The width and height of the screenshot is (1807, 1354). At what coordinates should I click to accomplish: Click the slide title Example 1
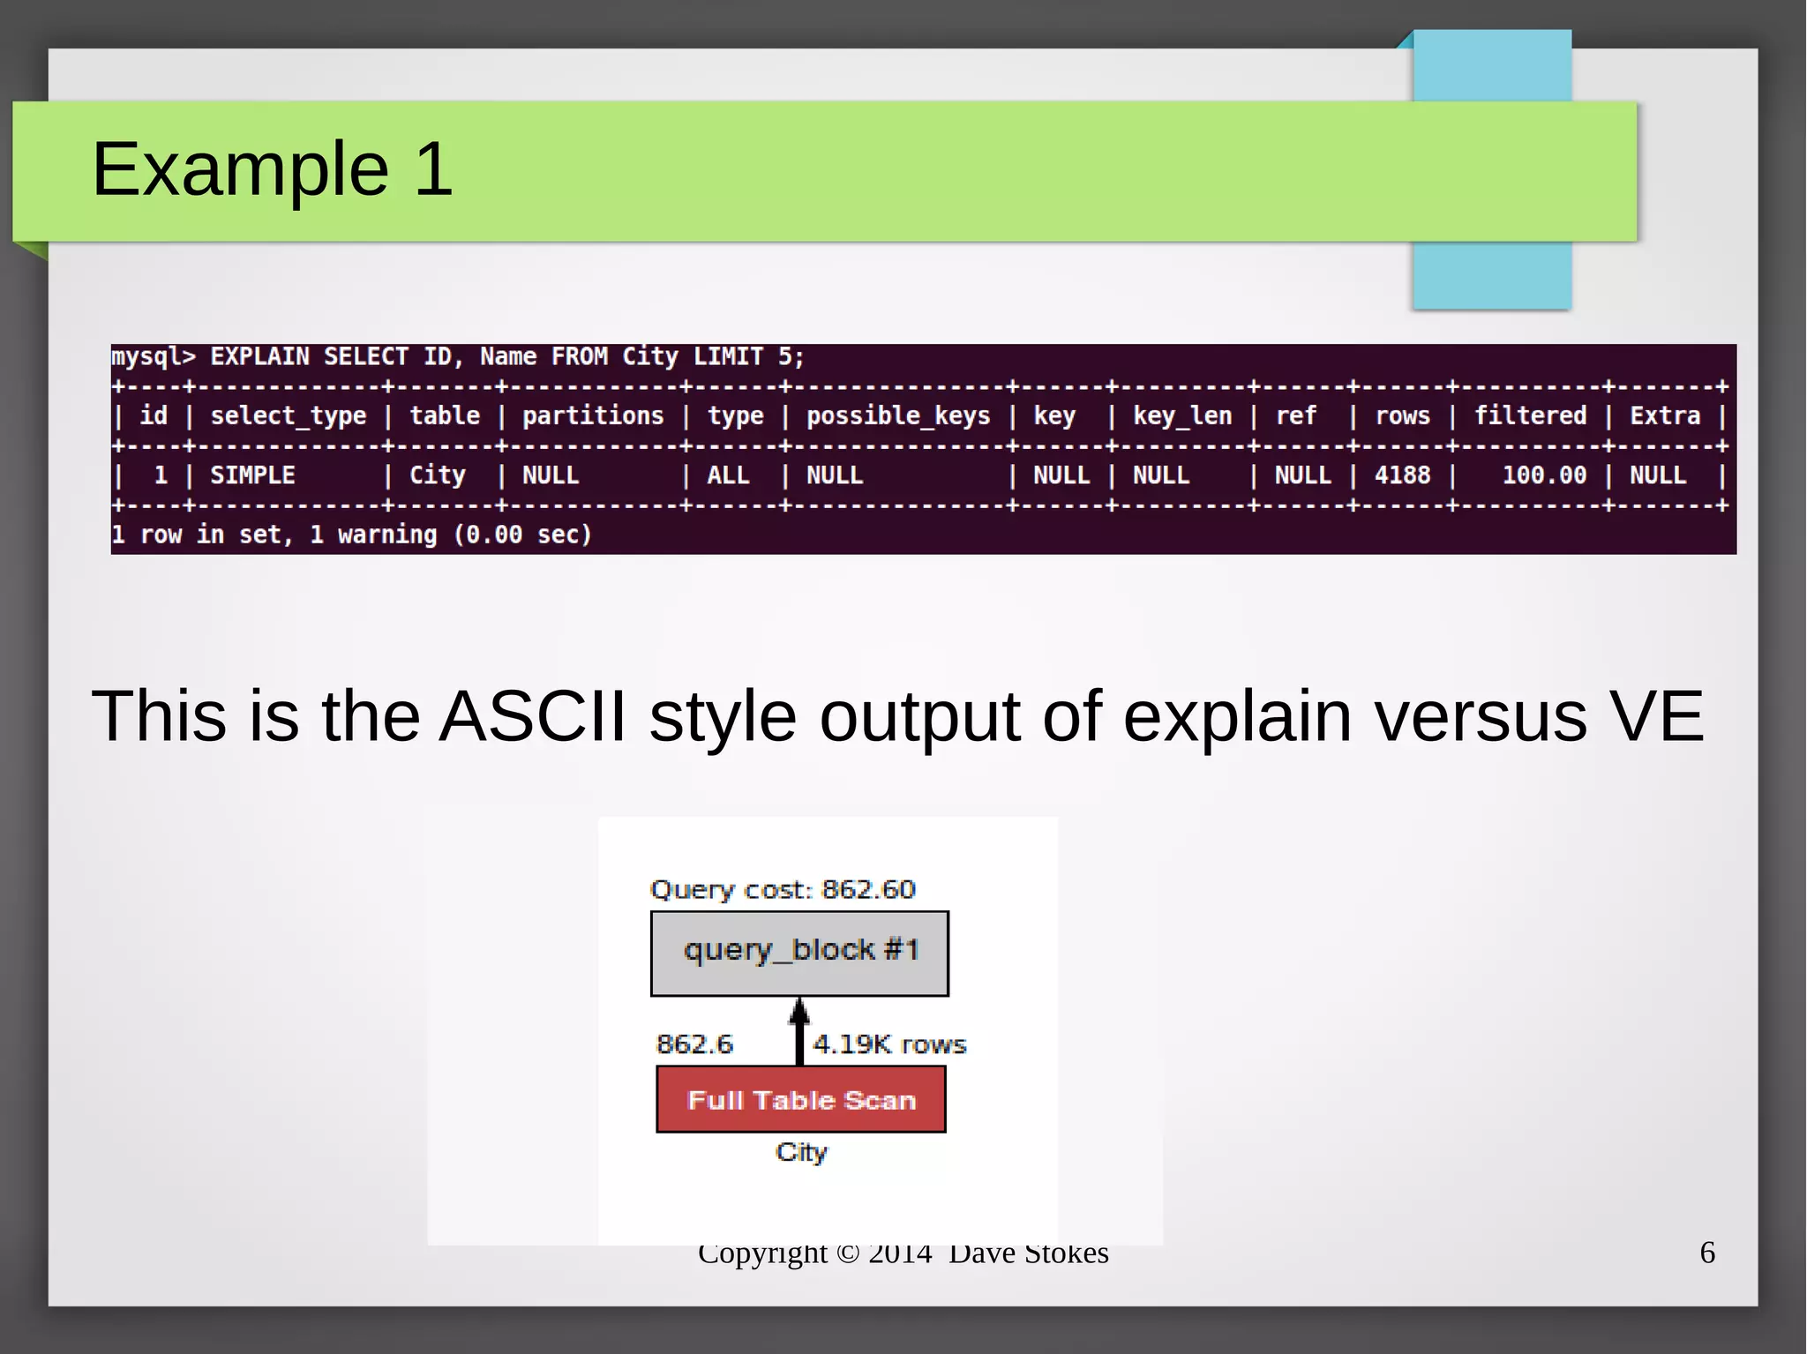(x=272, y=168)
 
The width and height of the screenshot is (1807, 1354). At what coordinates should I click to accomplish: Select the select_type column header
(x=288, y=415)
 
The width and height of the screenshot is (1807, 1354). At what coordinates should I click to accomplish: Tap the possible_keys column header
(x=897, y=415)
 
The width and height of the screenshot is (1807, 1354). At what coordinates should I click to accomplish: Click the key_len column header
(x=1181, y=415)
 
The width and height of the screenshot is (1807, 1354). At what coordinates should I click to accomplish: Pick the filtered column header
(x=1530, y=415)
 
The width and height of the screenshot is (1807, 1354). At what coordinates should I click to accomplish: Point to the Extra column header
(x=1664, y=415)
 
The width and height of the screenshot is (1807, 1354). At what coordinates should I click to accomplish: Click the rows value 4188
(x=1401, y=475)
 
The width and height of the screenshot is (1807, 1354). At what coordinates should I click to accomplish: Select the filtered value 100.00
(x=1543, y=475)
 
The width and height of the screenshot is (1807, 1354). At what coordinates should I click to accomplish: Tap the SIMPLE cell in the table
(x=252, y=475)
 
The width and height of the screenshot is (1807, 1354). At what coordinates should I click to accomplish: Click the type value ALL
(x=727, y=475)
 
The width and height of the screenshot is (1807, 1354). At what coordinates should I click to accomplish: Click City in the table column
(x=437, y=475)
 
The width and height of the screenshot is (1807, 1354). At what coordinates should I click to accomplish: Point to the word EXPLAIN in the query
(x=259, y=356)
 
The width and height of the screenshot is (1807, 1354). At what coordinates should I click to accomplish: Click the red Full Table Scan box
(x=800, y=1099)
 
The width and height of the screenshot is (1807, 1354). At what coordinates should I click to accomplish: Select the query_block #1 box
(x=799, y=953)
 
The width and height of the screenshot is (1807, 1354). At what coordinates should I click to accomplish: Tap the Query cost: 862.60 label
(x=782, y=889)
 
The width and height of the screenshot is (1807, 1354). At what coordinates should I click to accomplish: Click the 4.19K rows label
(x=889, y=1044)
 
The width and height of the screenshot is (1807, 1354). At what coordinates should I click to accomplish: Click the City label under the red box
(x=801, y=1152)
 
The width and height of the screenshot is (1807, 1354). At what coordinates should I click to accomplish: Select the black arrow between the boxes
(x=799, y=1032)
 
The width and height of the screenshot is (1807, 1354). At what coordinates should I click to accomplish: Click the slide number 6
(x=1706, y=1253)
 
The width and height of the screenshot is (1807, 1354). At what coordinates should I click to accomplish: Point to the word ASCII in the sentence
(x=532, y=716)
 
